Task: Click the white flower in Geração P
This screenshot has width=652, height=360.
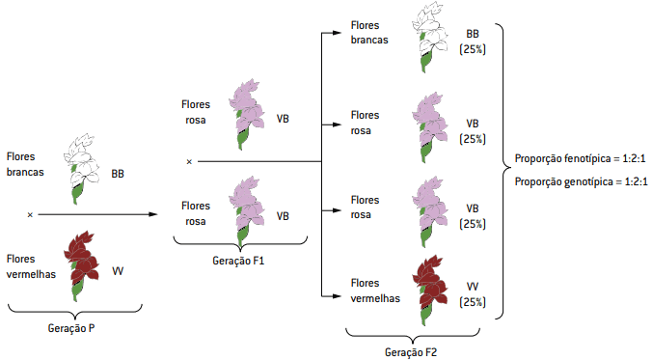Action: tap(81, 169)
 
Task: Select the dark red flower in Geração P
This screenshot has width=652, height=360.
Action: tap(81, 265)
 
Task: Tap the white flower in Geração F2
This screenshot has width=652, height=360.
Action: tap(430, 38)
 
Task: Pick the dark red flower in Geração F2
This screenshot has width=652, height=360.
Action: tap(430, 291)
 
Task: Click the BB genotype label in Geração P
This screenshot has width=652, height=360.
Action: tap(118, 174)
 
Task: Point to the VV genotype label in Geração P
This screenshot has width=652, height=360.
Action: tap(118, 271)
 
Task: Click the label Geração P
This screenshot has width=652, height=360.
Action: tap(71, 328)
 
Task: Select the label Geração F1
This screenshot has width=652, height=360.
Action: tap(238, 261)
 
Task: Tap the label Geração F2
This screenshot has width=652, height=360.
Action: tap(411, 352)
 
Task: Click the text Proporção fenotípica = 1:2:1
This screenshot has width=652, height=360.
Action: tap(580, 158)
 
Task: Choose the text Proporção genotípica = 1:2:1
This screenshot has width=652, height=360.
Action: tap(581, 181)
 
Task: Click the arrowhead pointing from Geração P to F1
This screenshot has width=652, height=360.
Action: tap(153, 214)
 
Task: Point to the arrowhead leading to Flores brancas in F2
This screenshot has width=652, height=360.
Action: tap(338, 33)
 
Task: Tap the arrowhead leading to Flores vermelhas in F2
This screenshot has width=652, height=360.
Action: tap(338, 296)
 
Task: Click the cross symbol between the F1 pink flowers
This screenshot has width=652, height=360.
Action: tap(189, 161)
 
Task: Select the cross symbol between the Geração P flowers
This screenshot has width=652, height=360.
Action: tap(30, 215)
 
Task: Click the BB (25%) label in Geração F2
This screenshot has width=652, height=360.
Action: tap(473, 42)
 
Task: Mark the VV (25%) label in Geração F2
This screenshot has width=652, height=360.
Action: tap(473, 294)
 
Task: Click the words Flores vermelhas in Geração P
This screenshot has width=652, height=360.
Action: tap(31, 266)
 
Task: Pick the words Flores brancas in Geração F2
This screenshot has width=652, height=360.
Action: tap(369, 33)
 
